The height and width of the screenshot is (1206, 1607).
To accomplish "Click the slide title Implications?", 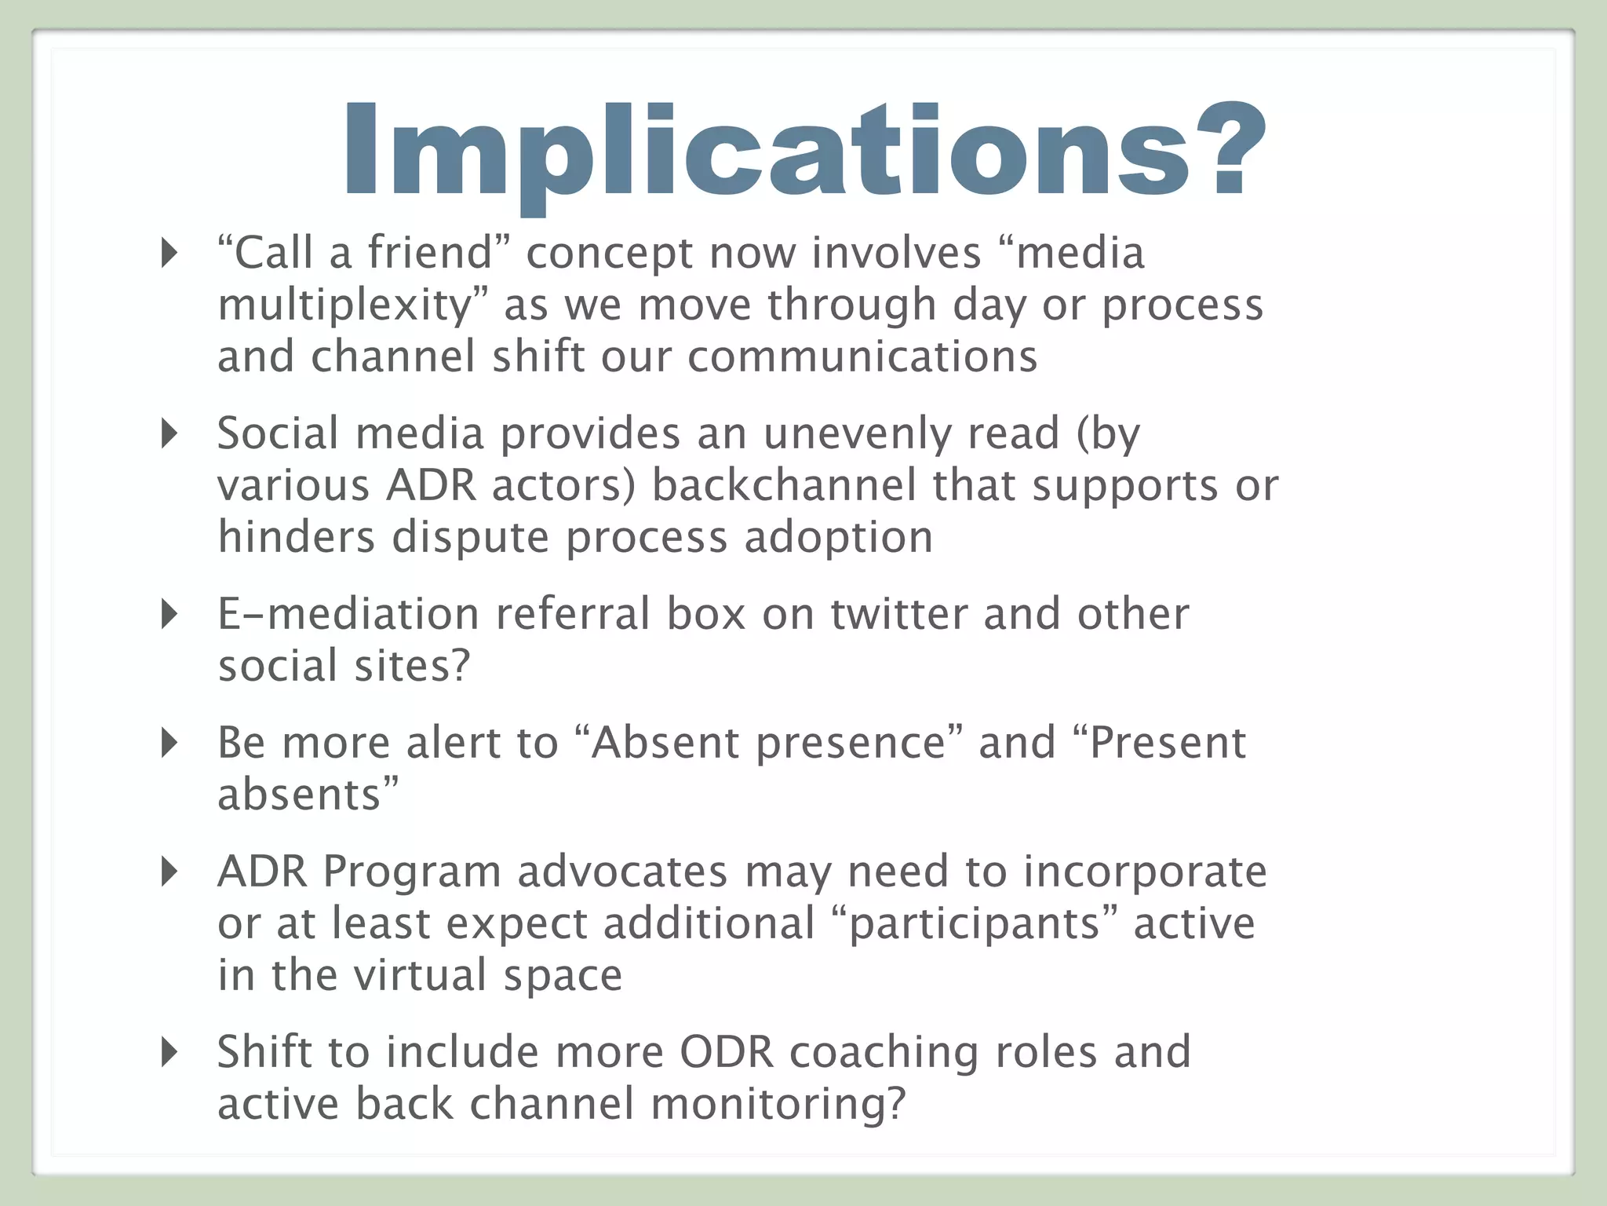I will pos(803,151).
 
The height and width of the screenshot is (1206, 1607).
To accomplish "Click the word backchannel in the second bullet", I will pos(783,485).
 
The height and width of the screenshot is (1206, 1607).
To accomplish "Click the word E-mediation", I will pos(348,614).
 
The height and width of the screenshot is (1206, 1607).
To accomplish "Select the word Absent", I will pos(665,743).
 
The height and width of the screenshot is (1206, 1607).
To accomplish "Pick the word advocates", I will pos(622,872).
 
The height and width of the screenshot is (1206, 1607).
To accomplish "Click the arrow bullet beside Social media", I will pos(169,433).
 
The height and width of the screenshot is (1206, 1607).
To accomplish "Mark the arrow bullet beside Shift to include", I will pos(169,1052).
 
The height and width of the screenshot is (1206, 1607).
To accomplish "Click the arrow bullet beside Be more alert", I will pos(169,742).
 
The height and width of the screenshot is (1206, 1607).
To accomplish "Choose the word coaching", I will pos(884,1054).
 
